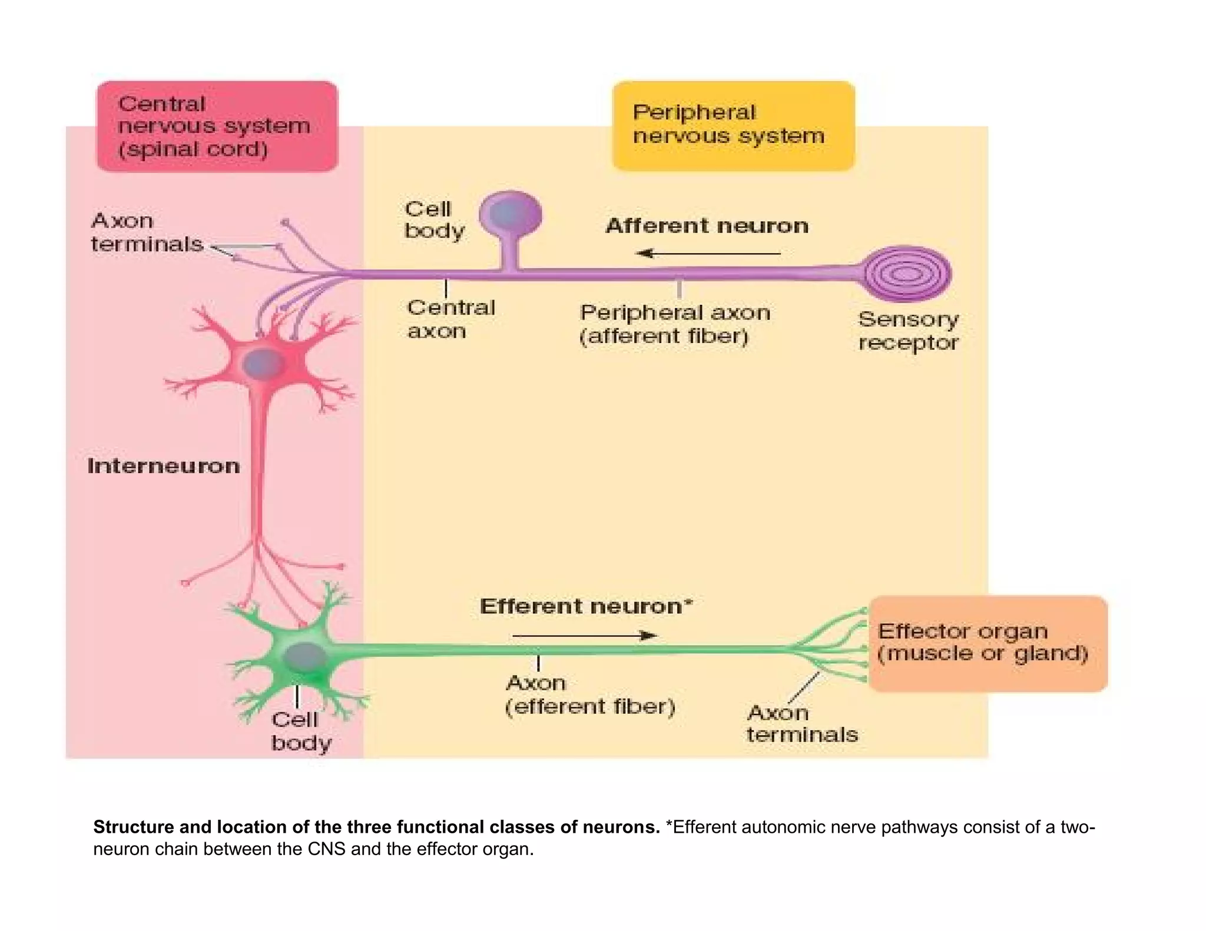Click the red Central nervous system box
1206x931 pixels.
coord(217,127)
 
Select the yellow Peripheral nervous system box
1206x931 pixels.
coord(733,125)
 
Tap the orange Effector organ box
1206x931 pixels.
coord(988,643)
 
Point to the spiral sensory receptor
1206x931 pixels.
coord(907,274)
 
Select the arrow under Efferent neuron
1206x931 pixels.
coord(585,636)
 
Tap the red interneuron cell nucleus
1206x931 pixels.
coord(263,363)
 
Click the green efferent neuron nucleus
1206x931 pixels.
coord(304,656)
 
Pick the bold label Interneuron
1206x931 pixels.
coord(164,466)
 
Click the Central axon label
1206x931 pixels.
coord(450,319)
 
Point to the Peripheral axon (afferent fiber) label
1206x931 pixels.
coord(675,324)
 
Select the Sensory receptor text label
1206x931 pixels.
coord(908,331)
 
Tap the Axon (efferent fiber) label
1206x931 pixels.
coord(589,694)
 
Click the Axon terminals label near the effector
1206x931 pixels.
coord(801,724)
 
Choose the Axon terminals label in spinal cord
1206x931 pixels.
coord(147,232)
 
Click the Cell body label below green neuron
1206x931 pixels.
coord(300,731)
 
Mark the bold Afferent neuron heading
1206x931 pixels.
coord(707,226)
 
